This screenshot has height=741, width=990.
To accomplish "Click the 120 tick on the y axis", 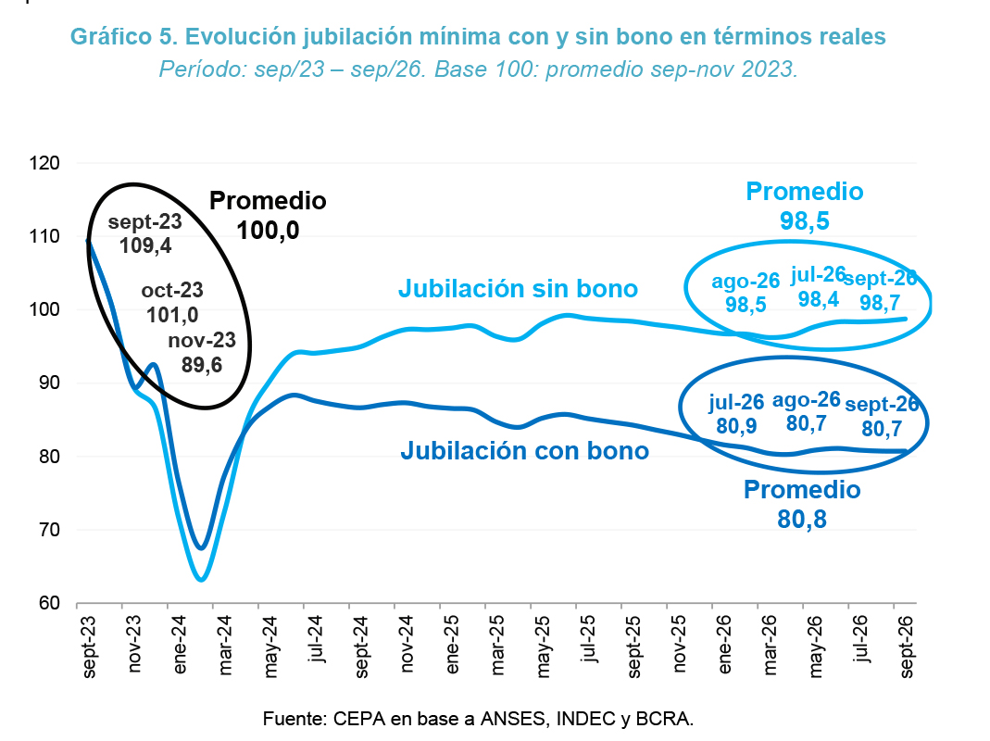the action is (44, 163).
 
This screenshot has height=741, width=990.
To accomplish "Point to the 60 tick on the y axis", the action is (49, 603).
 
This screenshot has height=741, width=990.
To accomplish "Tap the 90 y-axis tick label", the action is (49, 383).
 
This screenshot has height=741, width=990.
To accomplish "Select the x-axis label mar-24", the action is (225, 645).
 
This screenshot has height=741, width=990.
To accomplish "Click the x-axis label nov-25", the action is (679, 644).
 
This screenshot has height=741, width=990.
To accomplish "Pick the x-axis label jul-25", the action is (588, 639).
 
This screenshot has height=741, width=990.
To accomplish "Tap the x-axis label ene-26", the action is (724, 645).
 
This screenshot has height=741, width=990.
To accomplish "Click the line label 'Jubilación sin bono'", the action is (518, 289).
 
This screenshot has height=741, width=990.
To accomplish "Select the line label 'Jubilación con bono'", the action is (525, 451).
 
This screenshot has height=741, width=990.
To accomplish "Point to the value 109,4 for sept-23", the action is (145, 245).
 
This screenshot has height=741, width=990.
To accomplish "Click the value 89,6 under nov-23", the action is (202, 365).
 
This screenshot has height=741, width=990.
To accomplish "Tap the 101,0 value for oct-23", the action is (172, 315).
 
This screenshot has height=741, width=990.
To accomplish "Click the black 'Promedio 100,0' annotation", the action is (268, 216).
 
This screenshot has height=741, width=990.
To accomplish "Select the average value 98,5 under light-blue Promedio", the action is (805, 221).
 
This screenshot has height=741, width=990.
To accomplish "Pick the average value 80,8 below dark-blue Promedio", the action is (802, 520).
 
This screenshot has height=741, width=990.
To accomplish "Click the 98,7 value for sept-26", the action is (880, 303).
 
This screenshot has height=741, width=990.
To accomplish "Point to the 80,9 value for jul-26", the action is (736, 426).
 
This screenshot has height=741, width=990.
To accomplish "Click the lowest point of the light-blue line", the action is (201, 579).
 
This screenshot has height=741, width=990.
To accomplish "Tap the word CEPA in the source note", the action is (358, 719).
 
